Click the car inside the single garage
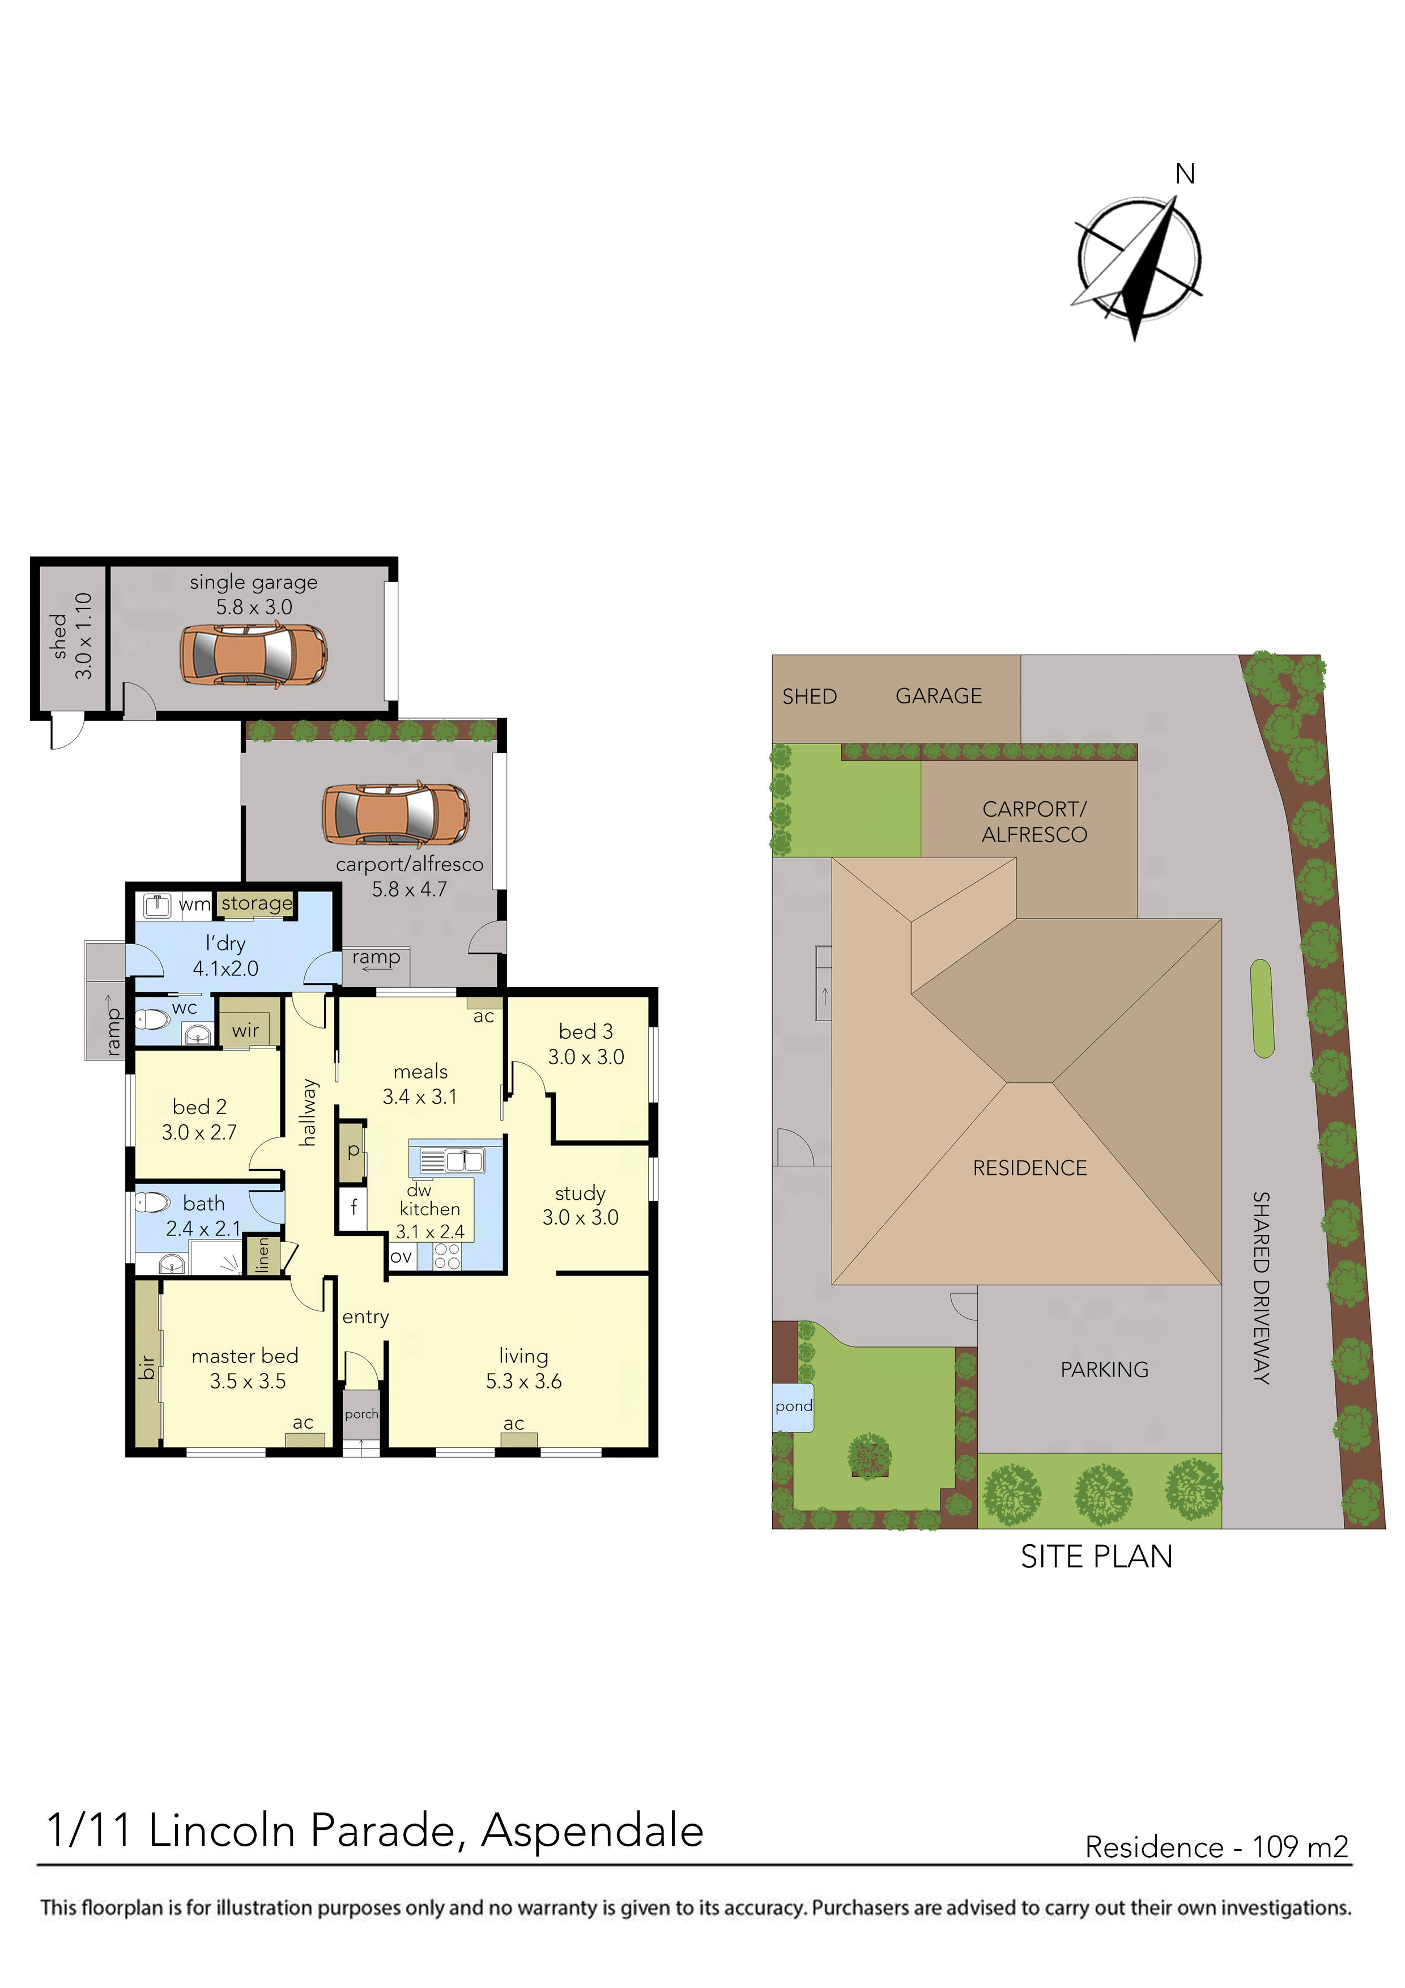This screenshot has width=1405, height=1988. click(x=254, y=656)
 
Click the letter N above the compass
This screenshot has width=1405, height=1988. click(x=1185, y=175)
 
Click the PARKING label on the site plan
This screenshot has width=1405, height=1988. click(x=1105, y=1369)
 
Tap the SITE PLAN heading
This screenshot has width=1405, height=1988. click(x=1096, y=1557)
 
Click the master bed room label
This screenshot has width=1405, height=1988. click(x=245, y=1356)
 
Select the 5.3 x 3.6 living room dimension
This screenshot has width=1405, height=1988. click(x=523, y=1381)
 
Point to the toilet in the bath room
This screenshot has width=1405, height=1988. click(x=153, y=1203)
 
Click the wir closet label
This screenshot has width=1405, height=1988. click(x=246, y=1030)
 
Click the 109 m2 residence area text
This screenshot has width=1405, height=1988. click(x=1300, y=1847)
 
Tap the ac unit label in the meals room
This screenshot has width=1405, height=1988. click(x=484, y=1017)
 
